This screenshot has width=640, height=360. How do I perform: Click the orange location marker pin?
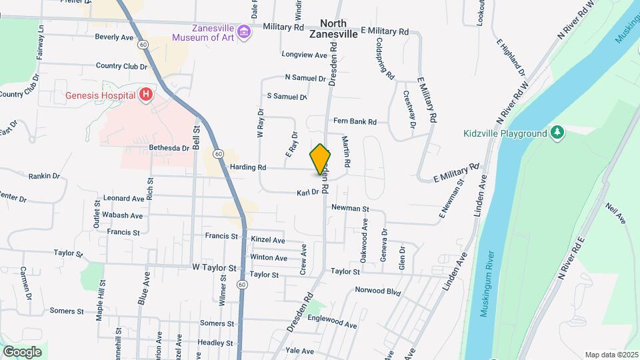coord(320,159)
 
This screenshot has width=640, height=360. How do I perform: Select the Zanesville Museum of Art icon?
coord(243,31)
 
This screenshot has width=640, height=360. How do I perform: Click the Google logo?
coord(22,351)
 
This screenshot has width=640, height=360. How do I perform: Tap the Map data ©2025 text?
coord(611,355)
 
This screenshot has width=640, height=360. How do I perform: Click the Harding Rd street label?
coord(248,167)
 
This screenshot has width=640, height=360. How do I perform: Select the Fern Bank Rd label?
coord(355,121)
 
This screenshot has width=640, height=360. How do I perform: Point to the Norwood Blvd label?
coord(377,291)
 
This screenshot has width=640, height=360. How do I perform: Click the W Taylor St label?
coord(215,268)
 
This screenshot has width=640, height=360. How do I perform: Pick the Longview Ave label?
coord(305,55)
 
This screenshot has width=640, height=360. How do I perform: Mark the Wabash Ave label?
coord(122,215)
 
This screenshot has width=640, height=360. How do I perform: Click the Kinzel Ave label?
coord(268,240)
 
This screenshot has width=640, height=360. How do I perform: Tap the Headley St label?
coord(214,343)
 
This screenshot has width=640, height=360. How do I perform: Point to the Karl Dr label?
coord(308,193)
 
